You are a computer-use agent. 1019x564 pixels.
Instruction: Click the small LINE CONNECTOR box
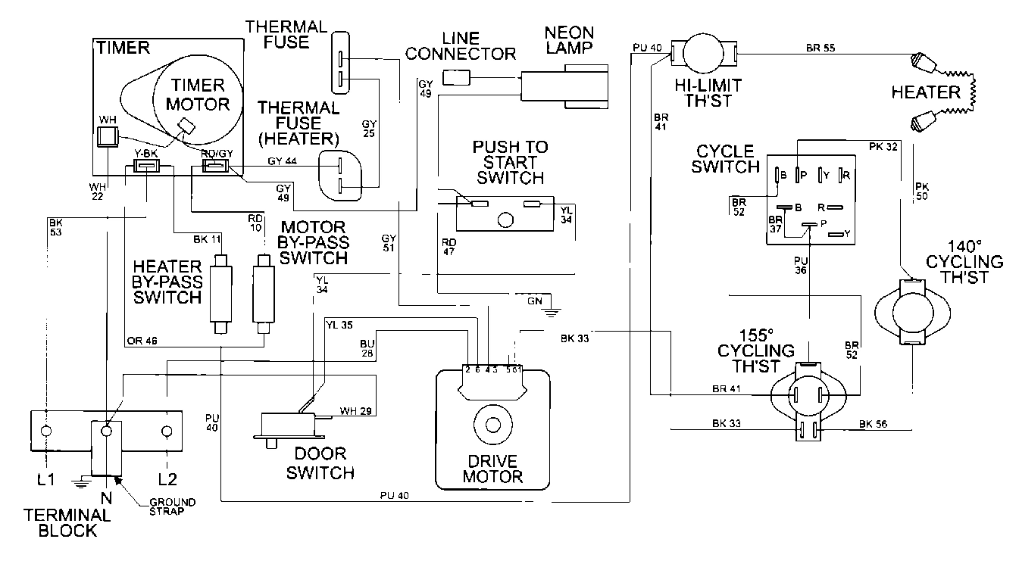click(x=455, y=76)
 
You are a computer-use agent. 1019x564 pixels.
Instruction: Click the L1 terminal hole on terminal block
click(x=46, y=431)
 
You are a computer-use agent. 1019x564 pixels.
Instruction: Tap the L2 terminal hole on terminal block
click(x=165, y=431)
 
